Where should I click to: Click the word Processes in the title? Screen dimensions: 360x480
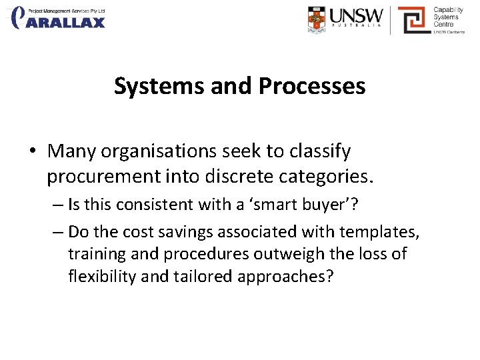click(x=312, y=86)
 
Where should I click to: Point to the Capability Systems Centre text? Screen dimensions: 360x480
click(x=448, y=19)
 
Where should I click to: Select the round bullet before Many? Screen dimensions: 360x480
click(x=33, y=152)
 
